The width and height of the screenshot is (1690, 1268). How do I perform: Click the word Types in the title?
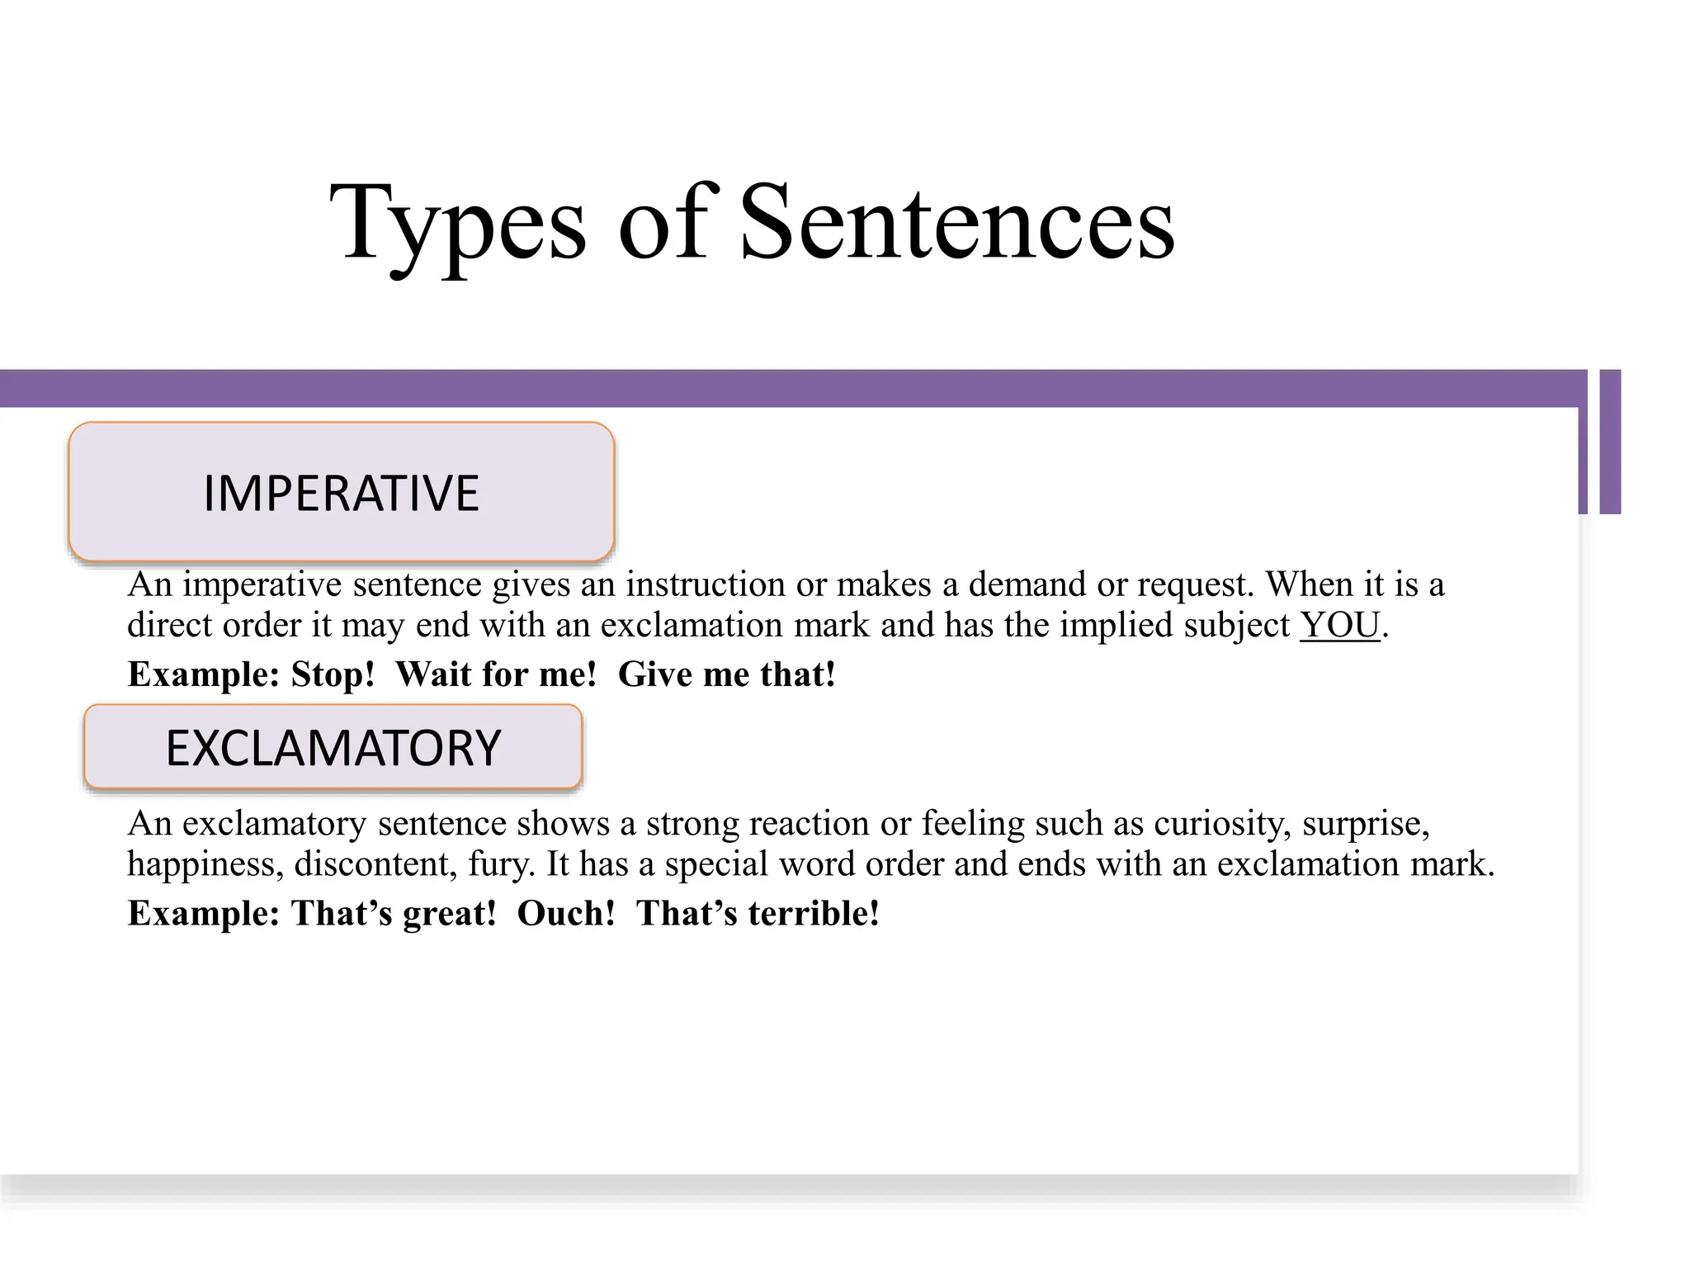458,225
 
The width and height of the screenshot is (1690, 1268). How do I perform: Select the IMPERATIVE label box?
342,492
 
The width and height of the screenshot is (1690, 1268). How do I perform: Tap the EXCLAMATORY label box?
333,747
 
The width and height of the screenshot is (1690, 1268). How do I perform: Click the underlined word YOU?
1340,625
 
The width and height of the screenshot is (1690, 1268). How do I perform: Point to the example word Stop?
333,674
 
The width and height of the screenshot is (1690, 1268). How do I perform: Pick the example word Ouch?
566,913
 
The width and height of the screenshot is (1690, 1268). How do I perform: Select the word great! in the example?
450,914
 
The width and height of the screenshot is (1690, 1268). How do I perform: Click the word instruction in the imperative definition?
706,584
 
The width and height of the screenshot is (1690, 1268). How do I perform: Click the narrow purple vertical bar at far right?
1610,442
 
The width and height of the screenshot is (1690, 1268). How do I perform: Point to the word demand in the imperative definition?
1027,584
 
